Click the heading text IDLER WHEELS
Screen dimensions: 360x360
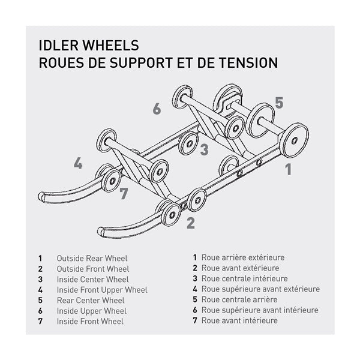(x=88, y=45)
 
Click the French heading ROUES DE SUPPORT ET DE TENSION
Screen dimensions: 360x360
(x=158, y=62)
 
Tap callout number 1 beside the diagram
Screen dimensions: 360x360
(x=288, y=169)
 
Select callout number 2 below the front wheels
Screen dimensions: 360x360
(x=190, y=223)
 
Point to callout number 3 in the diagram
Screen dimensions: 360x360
(x=204, y=149)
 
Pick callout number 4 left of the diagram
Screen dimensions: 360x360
(x=78, y=163)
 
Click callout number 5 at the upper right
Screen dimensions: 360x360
(x=279, y=103)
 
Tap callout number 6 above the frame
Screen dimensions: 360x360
(x=157, y=109)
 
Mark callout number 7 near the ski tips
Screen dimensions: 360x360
(x=124, y=193)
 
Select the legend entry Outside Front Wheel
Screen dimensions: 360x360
(x=92, y=269)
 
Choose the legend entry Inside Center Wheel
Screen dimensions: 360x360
(x=92, y=279)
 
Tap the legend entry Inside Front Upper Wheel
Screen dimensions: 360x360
(x=101, y=290)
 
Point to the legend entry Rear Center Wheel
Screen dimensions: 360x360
(x=91, y=300)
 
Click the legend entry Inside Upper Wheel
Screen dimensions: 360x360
(x=91, y=311)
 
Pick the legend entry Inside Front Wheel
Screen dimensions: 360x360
(x=90, y=322)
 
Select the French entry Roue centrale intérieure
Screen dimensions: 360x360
(x=244, y=278)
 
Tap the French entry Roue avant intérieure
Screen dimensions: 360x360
(x=239, y=320)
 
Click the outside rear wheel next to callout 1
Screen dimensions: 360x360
(x=293, y=139)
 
